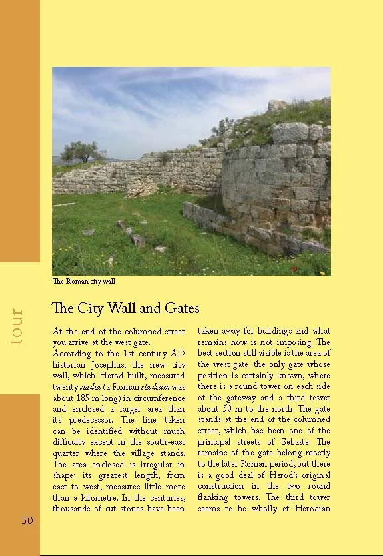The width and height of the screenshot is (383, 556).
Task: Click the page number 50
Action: click(27, 521)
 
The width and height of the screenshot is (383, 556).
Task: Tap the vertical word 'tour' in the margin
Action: click(17, 326)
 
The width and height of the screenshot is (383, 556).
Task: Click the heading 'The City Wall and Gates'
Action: click(125, 308)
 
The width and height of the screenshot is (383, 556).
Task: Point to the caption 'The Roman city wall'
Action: click(83, 281)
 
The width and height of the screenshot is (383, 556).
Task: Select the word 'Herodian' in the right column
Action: click(310, 509)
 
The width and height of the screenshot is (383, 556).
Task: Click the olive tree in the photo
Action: click(79, 152)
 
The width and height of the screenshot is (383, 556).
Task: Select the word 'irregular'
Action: click(154, 464)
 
